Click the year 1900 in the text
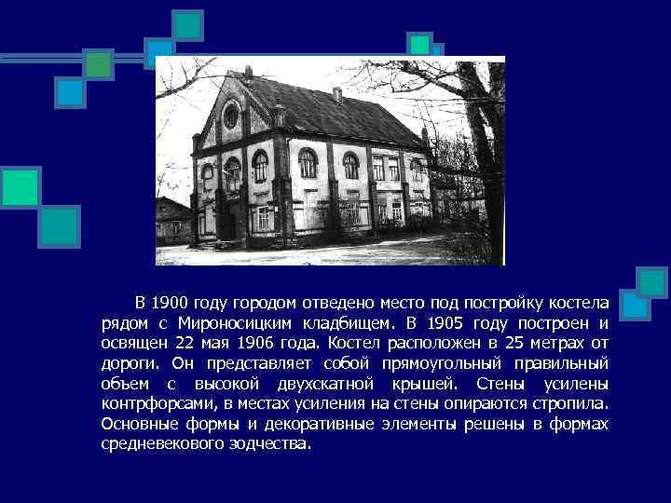pos(170,303)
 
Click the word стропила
pos(572,404)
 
